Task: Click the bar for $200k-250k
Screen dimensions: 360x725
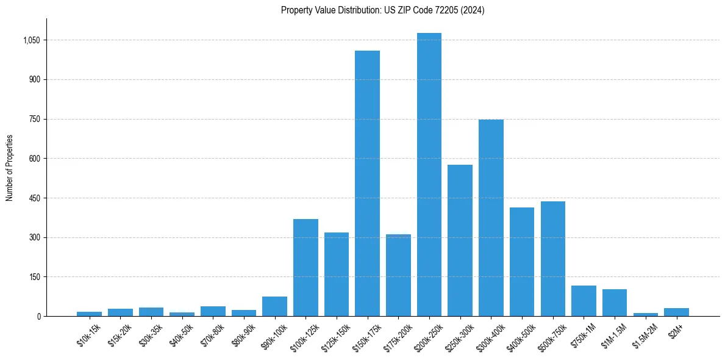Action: click(429, 175)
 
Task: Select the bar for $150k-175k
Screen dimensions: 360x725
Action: click(367, 183)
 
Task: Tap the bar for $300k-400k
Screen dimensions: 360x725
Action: click(491, 218)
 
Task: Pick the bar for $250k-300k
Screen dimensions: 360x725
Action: click(460, 240)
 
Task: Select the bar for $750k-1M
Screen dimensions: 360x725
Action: click(584, 301)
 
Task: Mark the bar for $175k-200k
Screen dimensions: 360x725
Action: click(398, 275)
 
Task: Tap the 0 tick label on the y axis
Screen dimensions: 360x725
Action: click(38, 316)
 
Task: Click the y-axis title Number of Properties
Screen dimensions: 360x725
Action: click(10, 168)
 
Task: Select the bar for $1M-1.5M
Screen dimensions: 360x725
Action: click(614, 303)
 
